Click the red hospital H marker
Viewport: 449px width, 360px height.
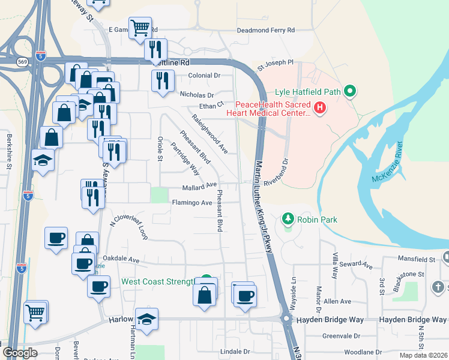click(x=320, y=108)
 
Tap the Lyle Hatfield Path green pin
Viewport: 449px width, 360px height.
click(x=349, y=92)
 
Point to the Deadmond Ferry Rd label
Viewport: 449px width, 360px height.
click(x=266, y=29)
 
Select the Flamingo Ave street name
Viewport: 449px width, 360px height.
click(x=192, y=203)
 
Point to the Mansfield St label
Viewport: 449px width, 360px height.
click(x=418, y=260)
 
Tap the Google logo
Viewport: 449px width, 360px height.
click(x=20, y=353)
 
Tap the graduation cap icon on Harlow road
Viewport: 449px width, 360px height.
click(x=146, y=320)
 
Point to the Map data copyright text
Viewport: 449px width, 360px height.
click(x=424, y=355)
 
